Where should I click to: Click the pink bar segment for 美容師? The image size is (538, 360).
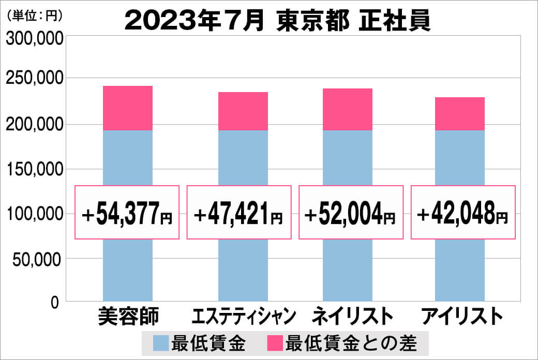coord(128,108)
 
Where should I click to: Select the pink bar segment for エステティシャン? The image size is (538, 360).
coord(243,111)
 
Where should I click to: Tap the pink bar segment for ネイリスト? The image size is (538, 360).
coord(347,109)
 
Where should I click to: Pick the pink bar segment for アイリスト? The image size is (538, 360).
coord(459,114)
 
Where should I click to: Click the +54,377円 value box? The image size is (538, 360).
coord(127,213)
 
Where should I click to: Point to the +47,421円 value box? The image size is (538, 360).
coord(239,213)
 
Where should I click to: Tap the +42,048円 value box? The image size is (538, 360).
coord(463,213)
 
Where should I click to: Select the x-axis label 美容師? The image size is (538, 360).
coord(128,316)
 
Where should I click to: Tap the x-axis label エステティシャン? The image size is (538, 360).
coord(243,316)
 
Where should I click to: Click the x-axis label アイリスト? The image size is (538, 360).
coord(462,316)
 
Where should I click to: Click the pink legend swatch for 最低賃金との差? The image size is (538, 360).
coord(275,343)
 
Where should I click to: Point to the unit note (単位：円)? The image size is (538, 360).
coord(35,16)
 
